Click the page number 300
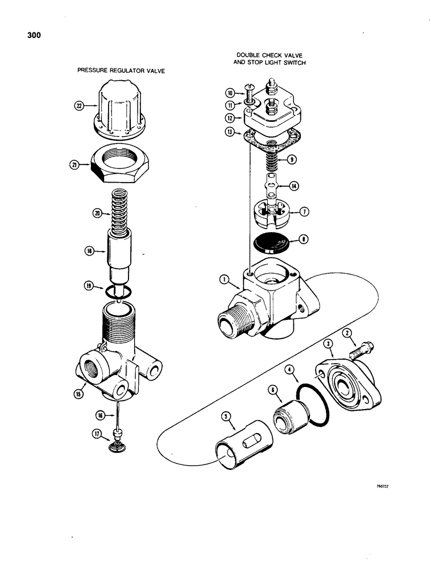pyautogui.click(x=34, y=35)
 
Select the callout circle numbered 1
pyautogui.click(x=225, y=279)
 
